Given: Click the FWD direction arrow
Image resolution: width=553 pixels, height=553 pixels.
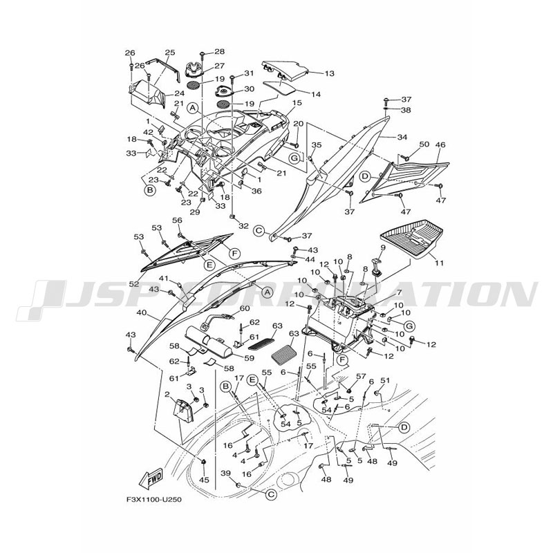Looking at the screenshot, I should (151, 478).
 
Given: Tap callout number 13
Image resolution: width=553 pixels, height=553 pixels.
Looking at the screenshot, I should (328, 73).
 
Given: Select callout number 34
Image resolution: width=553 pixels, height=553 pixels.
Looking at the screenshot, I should (402, 137).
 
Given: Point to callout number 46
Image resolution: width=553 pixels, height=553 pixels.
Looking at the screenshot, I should (440, 145).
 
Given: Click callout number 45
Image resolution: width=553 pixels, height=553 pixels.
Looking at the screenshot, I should (203, 480).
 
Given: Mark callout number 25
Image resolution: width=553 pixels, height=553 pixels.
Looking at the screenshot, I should (170, 53).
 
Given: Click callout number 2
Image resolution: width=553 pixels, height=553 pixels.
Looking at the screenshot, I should (167, 395).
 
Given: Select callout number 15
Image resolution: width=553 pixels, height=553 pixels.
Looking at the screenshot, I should (297, 103).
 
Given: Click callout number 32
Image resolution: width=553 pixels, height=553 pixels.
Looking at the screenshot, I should (243, 226).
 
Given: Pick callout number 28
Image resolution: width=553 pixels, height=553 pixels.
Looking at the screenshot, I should (219, 52).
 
